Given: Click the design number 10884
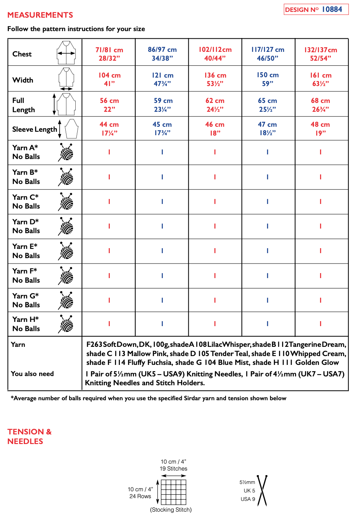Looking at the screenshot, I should pyautogui.click(x=332, y=9).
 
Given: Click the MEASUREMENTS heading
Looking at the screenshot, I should pyautogui.click(x=40, y=15).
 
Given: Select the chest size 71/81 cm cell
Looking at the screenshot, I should pyautogui.click(x=109, y=54).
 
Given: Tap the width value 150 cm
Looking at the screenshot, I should pyautogui.click(x=268, y=79).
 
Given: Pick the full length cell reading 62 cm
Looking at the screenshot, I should pyautogui.click(x=215, y=104).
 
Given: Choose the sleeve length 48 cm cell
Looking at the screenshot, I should pyautogui.click(x=320, y=129).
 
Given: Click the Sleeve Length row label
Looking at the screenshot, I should pyautogui.click(x=35, y=129).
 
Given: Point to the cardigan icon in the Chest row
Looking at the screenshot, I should pyautogui.click(x=66, y=52).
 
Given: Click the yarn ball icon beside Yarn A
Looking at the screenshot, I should pyautogui.click(x=66, y=152).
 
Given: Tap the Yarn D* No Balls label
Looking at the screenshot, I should pyautogui.click(x=26, y=226).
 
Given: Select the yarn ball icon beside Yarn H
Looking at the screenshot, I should pyautogui.click(x=66, y=324).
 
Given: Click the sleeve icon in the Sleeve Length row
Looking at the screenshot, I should pyautogui.click(x=71, y=129).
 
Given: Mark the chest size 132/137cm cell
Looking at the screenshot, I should pyautogui.click(x=320, y=54).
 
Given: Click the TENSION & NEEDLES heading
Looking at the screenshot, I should pyautogui.click(x=30, y=436).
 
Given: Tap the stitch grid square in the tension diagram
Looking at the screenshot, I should pyautogui.click(x=174, y=492).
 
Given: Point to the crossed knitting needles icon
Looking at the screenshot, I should pyautogui.click(x=262, y=490).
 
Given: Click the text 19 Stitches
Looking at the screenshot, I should pyautogui.click(x=174, y=469).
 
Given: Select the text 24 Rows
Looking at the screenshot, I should pyautogui.click(x=140, y=496).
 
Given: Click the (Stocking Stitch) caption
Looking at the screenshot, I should pyautogui.click(x=171, y=510).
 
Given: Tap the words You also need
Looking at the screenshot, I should pyautogui.click(x=32, y=374).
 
